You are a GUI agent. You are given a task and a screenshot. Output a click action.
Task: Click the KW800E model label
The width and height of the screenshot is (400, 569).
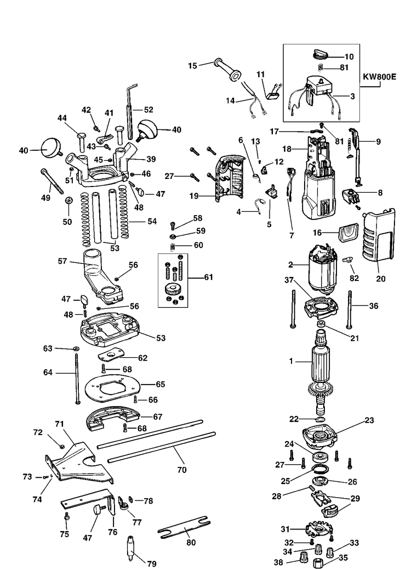tap(379, 77)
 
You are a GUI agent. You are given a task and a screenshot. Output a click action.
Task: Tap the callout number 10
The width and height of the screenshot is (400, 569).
tap(348, 57)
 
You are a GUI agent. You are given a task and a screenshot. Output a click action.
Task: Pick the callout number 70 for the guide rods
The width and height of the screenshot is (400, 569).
tap(182, 470)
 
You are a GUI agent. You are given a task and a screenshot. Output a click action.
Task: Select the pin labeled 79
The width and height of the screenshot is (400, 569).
tap(132, 547)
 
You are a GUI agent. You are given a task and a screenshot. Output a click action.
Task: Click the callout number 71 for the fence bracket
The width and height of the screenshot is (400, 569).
tap(59, 424)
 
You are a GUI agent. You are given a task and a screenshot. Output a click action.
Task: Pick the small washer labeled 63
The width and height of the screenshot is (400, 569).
tap(75, 349)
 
